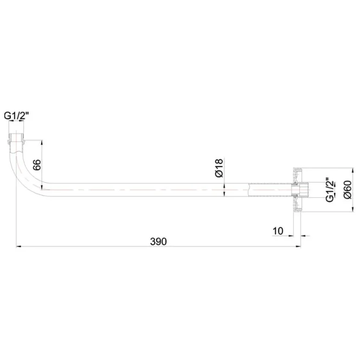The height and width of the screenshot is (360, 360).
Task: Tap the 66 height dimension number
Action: click(x=37, y=166)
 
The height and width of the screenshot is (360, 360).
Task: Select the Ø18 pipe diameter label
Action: click(x=218, y=168)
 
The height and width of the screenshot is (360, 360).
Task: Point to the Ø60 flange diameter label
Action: click(x=348, y=188)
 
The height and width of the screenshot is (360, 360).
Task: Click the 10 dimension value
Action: click(x=278, y=231)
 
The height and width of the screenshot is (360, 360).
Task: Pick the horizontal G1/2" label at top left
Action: click(x=16, y=116)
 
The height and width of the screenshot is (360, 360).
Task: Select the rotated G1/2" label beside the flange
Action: click(x=329, y=190)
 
